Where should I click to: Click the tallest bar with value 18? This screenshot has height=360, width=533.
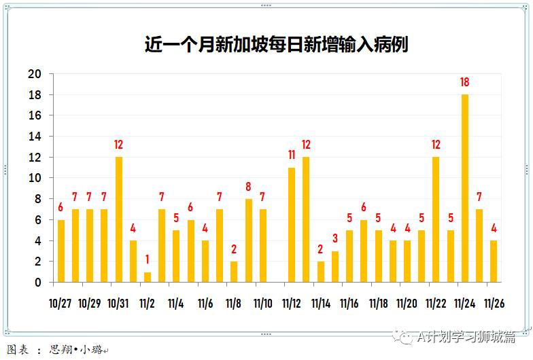[465, 188]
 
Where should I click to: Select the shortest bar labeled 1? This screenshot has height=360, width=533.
[148, 276]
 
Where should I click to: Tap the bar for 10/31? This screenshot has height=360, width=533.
[119, 219]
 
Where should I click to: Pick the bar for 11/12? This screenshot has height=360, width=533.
[292, 225]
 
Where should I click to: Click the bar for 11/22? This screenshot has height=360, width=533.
[436, 219]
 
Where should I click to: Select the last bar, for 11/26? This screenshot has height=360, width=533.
[494, 261]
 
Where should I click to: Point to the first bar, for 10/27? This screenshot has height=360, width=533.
[61, 251]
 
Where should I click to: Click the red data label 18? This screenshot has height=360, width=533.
[465, 82]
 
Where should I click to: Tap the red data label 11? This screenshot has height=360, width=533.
[292, 155]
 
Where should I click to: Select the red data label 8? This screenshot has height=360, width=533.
[249, 186]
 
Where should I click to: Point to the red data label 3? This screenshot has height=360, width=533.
[335, 238]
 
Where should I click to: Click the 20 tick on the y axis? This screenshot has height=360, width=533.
[34, 74]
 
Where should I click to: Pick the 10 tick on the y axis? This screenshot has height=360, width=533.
[34, 178]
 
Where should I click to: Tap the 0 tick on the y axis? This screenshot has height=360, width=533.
[37, 283]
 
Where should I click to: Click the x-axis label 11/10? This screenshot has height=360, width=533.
[263, 303]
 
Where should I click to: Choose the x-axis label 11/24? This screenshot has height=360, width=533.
[465, 303]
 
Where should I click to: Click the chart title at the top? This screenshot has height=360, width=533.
[276, 45]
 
